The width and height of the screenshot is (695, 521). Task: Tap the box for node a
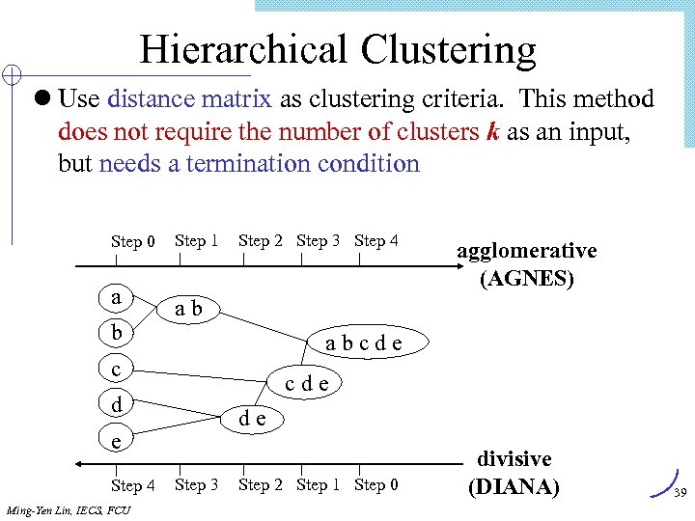[x=117, y=297]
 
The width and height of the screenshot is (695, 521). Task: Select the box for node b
[x=117, y=333]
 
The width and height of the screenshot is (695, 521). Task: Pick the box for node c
[x=117, y=369]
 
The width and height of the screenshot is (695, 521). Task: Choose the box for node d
[x=117, y=404]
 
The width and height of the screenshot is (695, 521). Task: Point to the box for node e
[x=117, y=440]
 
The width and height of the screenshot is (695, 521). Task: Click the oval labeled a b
[x=188, y=309]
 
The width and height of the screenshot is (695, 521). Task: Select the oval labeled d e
[x=254, y=417]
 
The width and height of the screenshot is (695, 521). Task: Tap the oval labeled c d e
[x=307, y=383]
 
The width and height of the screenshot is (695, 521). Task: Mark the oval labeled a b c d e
[x=364, y=343]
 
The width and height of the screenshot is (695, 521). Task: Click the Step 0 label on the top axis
[x=133, y=241]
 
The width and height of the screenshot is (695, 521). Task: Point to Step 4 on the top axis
[x=376, y=240]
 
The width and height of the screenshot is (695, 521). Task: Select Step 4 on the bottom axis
[x=133, y=485]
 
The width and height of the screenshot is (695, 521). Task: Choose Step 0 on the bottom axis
[x=376, y=484]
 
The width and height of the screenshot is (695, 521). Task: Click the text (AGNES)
[x=526, y=280]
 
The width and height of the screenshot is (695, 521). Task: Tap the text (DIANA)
[x=513, y=486]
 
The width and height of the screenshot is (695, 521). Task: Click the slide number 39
[x=679, y=493]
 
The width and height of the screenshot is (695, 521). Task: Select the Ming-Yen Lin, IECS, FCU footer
[x=68, y=509]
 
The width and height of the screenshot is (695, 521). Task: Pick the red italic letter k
[x=492, y=131]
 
